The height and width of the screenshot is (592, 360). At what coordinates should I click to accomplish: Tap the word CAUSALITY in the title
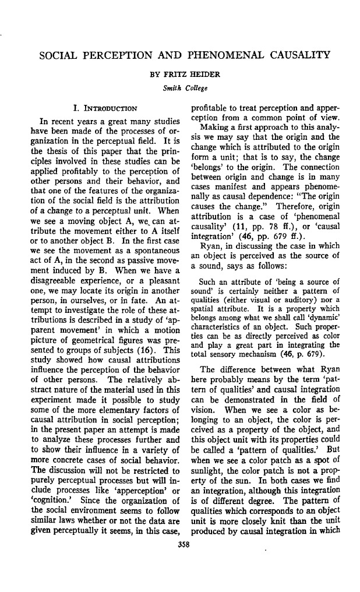(x=294, y=57)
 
